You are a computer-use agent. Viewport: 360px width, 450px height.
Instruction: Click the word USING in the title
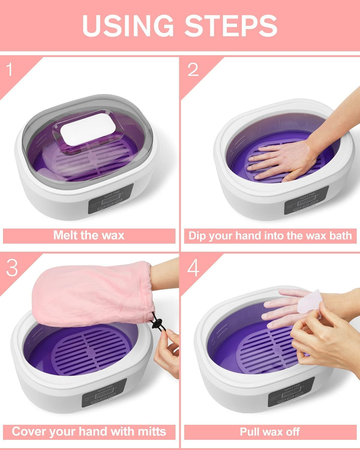click(127, 25)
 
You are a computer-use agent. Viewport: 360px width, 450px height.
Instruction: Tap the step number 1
click(10, 70)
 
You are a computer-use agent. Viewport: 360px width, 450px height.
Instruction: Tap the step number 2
click(193, 70)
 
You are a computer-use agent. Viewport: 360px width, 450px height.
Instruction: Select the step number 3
click(12, 268)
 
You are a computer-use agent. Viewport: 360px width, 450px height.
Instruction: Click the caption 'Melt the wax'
click(89, 235)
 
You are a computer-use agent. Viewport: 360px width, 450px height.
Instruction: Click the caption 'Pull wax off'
click(270, 431)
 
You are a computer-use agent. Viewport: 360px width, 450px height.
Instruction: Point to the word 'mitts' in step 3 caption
click(150, 431)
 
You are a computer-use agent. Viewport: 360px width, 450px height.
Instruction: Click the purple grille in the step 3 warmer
click(90, 351)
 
